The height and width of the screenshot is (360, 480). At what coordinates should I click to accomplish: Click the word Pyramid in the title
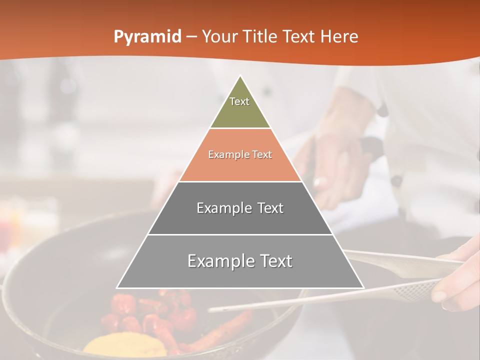tap(147, 37)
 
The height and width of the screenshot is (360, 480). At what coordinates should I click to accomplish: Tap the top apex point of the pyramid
tap(240, 76)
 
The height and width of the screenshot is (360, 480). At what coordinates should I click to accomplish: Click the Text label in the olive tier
tap(239, 101)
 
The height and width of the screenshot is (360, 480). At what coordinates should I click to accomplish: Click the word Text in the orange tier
tap(261, 154)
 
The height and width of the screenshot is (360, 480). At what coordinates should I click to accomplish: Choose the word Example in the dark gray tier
tap(222, 208)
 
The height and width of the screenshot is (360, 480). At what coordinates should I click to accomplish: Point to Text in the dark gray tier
tap(270, 208)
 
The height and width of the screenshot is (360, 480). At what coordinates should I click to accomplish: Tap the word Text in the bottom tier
tap(275, 261)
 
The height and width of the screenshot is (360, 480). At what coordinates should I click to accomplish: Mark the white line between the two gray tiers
tap(240, 234)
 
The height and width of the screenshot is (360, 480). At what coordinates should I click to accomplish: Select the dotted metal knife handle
tap(410, 290)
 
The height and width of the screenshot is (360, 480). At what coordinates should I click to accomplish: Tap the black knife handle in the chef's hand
tap(370, 146)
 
